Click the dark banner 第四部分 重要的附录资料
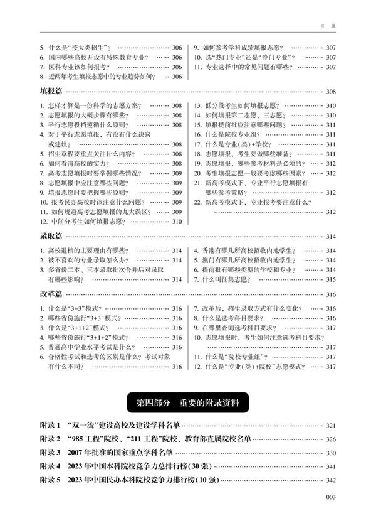pyautogui.click(x=188, y=401)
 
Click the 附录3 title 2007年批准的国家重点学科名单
pyautogui.click(x=132, y=453)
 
